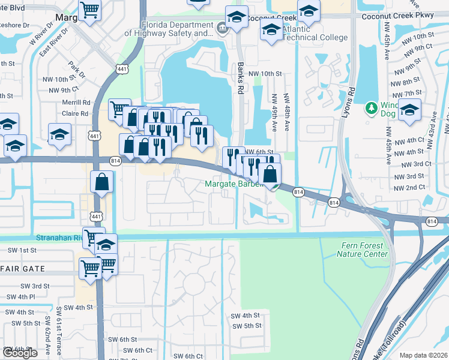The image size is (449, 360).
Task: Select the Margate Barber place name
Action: point(234,184)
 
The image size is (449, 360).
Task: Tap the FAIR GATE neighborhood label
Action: point(24,269)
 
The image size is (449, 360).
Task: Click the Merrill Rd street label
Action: point(75,103)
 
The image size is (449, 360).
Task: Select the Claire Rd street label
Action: point(75,113)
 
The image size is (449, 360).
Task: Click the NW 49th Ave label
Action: point(274,113)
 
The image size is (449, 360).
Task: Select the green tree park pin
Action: point(372,109)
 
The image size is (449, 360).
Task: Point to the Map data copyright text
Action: point(423,355)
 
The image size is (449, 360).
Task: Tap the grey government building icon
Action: point(221,27)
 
